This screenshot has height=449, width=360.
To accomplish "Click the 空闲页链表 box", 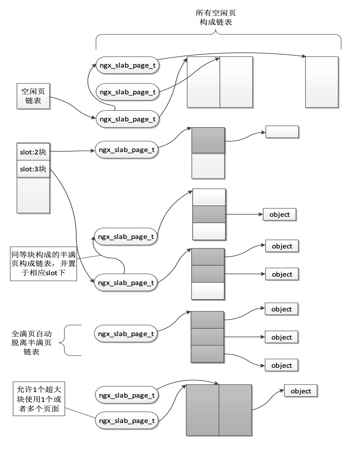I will (x=33, y=96).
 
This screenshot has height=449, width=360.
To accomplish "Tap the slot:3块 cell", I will (x=33, y=169).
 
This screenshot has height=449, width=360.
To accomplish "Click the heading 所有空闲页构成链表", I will (x=216, y=18).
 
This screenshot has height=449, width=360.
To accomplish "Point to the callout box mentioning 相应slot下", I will (x=43, y=264).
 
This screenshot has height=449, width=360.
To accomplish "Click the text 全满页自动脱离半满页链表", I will (x=31, y=342).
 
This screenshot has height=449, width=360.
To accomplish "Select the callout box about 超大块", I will (x=39, y=399).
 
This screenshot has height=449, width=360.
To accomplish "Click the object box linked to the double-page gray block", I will (x=301, y=391).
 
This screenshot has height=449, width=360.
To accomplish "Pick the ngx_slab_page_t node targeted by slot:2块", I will (x=127, y=150).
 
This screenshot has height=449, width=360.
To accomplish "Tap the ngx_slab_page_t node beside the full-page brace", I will (x=126, y=334).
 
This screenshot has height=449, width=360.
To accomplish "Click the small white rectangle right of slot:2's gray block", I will (x=282, y=132).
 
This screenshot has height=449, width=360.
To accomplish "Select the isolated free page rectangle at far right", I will (x=322, y=82).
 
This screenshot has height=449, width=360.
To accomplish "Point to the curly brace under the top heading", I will (x=218, y=39).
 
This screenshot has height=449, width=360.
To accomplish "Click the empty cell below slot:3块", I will (x=33, y=195).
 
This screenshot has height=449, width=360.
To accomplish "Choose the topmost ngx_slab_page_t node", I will (x=127, y=65).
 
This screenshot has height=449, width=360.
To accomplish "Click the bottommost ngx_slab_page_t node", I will (x=127, y=420).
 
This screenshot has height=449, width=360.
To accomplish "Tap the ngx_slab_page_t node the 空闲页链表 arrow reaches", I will (x=127, y=119).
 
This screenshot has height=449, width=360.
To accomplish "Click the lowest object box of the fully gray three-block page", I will (x=281, y=365).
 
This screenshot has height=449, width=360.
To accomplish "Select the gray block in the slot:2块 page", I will (x=208, y=140).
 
